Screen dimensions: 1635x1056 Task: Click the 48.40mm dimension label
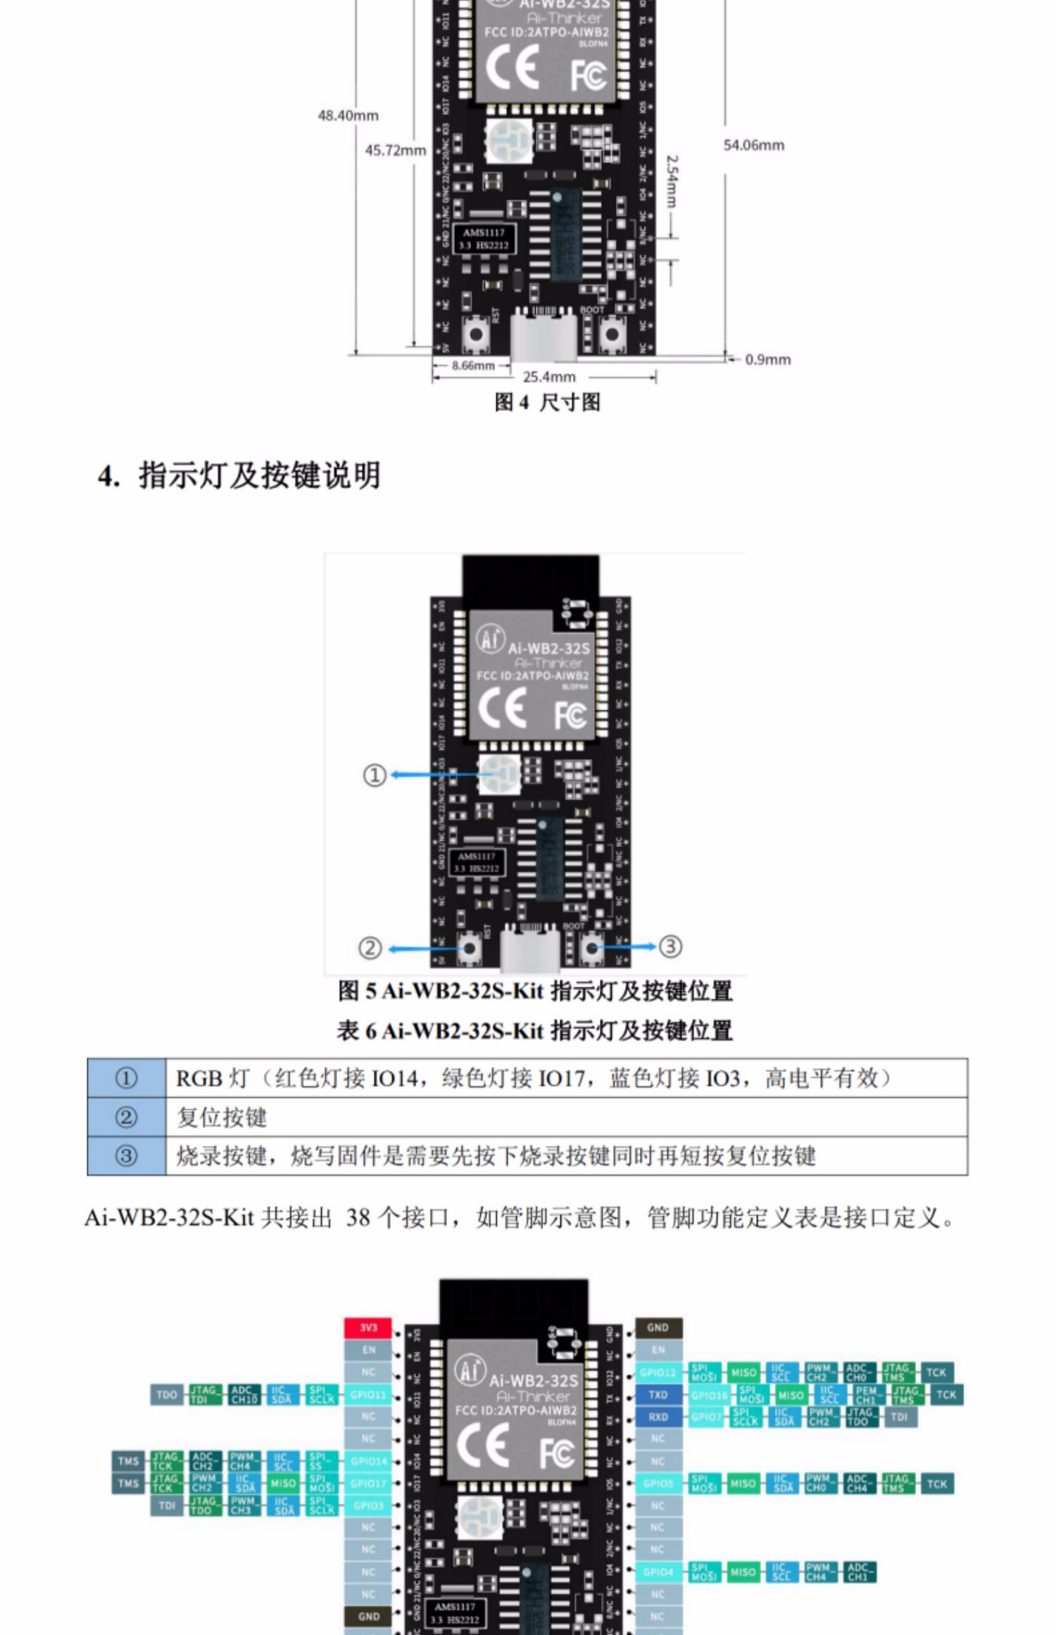348,115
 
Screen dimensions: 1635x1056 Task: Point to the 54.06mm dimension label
753,145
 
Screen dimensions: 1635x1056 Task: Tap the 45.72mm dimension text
395,150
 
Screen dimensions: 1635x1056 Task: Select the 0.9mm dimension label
767,359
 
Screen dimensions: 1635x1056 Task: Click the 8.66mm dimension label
472,365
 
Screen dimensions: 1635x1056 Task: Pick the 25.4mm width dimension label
549,377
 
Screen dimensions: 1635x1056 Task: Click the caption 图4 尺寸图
547,402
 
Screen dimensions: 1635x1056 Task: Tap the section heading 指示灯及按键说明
259,475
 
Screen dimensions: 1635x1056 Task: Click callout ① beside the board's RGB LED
375,775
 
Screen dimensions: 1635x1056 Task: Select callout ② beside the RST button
370,948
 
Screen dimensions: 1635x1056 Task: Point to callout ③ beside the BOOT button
670,946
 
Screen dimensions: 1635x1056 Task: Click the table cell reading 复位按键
222,1117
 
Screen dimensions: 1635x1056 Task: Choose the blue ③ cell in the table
126,1155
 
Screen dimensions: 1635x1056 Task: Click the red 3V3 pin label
368,1328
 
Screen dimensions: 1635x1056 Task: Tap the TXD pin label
658,1395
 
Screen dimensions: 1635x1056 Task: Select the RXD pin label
658,1417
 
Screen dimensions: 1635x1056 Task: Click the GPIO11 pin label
368,1395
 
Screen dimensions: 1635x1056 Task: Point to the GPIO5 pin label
658,1484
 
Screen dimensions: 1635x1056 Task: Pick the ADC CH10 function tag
244,1395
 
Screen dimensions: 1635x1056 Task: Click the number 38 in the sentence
358,1217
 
